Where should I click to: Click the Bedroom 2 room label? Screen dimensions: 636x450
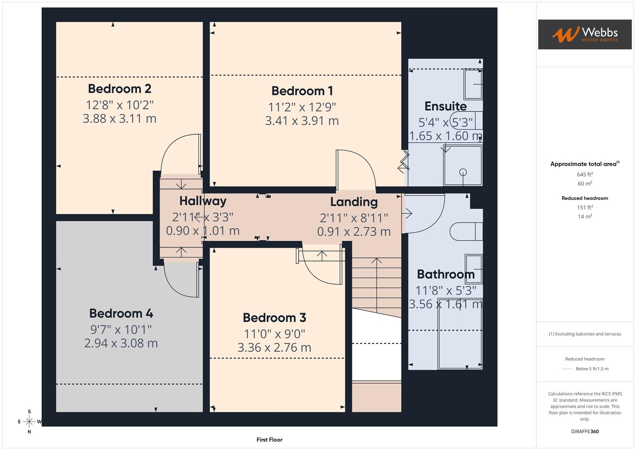120,89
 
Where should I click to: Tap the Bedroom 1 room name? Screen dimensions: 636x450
302,91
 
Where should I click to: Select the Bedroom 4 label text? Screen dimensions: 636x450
121,314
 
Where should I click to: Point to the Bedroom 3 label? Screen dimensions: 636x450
274,318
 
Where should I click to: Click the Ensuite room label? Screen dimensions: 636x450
446,106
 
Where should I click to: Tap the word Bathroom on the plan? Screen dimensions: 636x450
446,275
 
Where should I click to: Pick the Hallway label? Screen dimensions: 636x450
203,201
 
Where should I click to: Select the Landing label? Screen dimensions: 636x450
354,202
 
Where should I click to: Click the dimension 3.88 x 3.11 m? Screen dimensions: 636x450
120,119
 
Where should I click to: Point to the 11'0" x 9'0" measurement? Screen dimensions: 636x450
274,334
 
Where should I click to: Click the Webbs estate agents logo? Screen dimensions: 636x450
585,34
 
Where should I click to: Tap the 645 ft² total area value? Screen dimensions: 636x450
585,175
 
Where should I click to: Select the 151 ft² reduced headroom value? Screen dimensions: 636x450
585,207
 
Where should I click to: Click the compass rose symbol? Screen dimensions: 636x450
29,422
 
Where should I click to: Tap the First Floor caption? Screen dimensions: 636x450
269,440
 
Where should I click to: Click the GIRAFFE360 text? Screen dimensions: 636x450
585,432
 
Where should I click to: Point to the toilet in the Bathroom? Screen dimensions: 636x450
466,231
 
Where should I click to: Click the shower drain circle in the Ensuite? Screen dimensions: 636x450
463,172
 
